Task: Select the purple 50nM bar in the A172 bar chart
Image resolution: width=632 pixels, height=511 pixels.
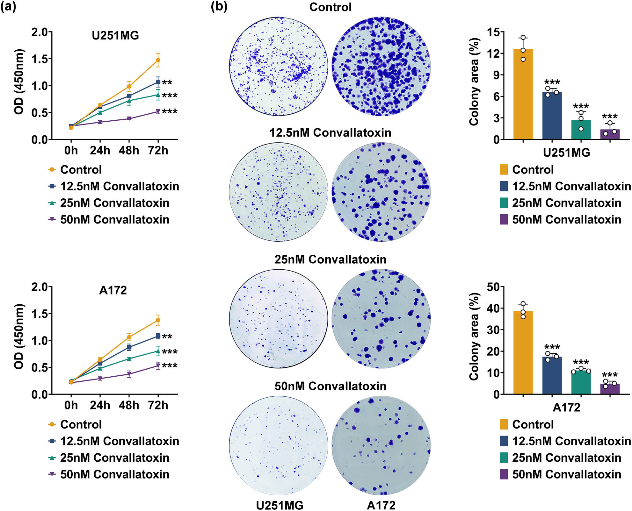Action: [610, 389]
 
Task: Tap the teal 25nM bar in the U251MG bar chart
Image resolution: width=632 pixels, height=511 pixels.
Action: [581, 130]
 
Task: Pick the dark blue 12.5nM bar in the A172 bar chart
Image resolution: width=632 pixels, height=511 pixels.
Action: [552, 375]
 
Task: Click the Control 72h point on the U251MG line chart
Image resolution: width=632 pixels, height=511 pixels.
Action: [158, 60]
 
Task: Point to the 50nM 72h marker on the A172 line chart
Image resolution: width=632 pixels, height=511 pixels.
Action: [158, 366]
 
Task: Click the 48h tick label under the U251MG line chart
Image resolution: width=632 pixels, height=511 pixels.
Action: [129, 150]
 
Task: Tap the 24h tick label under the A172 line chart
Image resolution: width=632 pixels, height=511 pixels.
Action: [100, 405]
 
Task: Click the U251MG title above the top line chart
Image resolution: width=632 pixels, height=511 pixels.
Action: [115, 35]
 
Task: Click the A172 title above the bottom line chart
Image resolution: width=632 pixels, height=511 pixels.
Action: [113, 290]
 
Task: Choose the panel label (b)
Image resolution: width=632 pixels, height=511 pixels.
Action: [219, 6]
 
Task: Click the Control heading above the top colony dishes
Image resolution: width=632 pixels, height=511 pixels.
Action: [330, 7]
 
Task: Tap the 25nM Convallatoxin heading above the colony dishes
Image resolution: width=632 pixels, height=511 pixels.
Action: [330, 259]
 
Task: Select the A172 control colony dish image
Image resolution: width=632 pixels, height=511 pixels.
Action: [381, 66]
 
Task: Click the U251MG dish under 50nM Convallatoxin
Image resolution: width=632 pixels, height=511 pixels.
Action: [279, 445]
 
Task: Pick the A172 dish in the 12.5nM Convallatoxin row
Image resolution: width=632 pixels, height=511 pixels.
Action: [381, 192]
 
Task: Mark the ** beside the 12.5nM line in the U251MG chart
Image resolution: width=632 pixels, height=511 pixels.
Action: [167, 83]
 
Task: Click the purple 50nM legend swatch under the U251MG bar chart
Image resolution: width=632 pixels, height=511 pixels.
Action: [504, 219]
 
